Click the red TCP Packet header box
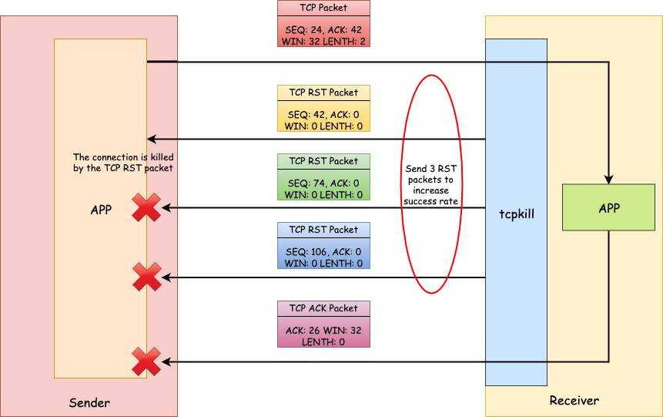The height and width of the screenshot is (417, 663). pos(323,8)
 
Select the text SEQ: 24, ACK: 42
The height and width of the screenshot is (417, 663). pos(323,30)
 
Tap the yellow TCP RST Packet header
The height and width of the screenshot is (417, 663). pos(323,92)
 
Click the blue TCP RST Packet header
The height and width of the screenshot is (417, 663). pos(323,230)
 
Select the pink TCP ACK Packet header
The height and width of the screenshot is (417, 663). pos(323,308)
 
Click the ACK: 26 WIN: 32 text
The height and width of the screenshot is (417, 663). pos(323,331)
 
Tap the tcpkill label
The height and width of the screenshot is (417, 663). pos(517,214)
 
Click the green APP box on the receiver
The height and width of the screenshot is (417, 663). pos(608,207)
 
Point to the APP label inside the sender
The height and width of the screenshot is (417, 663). pos(101,210)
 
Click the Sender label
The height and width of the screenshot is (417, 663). pos(89,402)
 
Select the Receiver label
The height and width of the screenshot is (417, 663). pos(574,401)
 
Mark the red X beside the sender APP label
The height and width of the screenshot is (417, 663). pos(146,207)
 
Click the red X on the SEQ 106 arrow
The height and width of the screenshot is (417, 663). pos(147,277)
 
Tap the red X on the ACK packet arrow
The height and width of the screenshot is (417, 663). pos(146,362)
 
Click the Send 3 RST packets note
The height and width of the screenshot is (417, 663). pos(431,185)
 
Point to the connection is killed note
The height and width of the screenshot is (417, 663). pos(123,163)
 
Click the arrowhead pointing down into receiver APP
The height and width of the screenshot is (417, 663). pos(608,180)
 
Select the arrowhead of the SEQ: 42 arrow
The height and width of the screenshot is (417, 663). pos(152,139)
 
